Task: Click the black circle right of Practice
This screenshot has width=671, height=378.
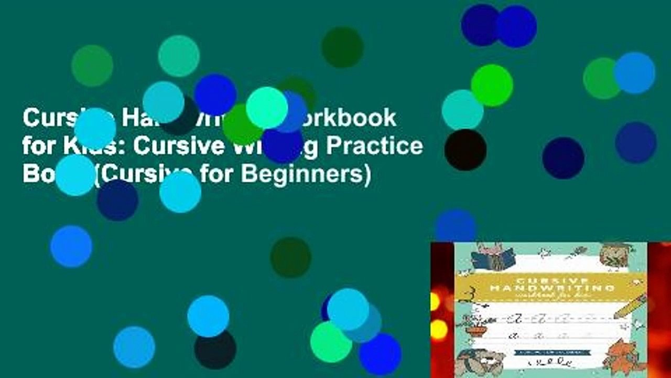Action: (x=465, y=150)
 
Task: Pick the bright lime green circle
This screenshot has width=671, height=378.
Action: (x=491, y=85)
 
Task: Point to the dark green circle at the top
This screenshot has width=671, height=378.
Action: (x=342, y=47)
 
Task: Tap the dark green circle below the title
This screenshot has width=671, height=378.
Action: (x=290, y=257)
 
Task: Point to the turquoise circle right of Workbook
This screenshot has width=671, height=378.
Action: (x=462, y=110)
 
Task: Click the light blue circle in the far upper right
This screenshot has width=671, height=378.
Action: (x=634, y=72)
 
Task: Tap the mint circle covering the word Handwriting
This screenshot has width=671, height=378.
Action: (x=266, y=108)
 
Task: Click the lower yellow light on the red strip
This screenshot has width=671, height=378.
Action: (x=438, y=330)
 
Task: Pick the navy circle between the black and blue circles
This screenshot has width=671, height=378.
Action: (x=563, y=158)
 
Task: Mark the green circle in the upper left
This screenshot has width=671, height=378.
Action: (x=92, y=66)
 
